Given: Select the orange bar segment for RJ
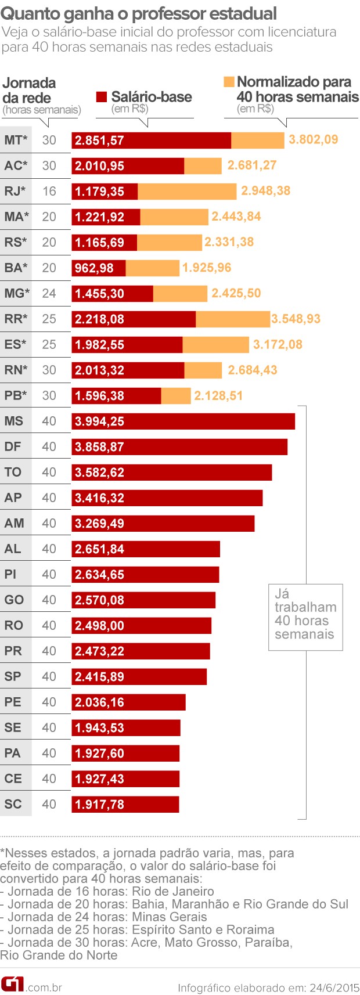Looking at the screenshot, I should [x=187, y=192].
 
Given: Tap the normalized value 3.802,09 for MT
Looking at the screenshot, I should [x=313, y=140].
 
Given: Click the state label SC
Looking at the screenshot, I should [x=13, y=804].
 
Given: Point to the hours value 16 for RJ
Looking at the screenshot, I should [x=49, y=192].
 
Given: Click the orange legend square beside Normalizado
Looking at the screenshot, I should [x=229, y=82].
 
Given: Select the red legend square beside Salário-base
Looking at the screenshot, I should [x=102, y=97].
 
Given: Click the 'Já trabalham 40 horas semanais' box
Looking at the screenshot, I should [x=305, y=617].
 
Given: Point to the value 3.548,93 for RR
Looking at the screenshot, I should [x=296, y=319].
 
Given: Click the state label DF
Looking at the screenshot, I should [x=13, y=446].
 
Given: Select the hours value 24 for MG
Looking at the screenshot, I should [x=49, y=294].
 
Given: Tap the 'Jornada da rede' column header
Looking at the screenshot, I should [x=29, y=91].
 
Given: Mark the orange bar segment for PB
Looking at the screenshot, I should [x=175, y=396].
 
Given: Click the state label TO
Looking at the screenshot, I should [x=13, y=472].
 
